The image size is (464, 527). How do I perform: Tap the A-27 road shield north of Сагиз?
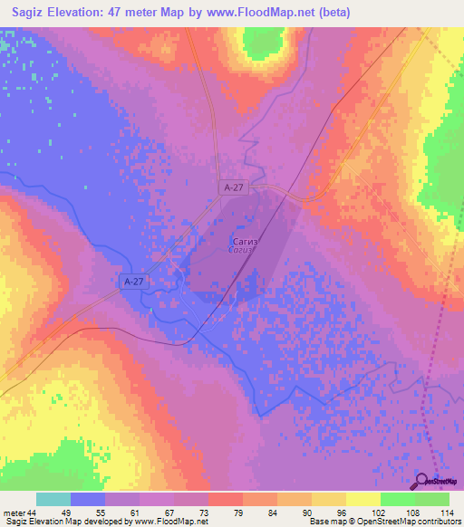click(x=232, y=187)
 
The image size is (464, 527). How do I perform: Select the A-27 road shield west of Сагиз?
click(x=132, y=283)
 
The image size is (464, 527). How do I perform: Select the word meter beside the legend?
click(x=14, y=513)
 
